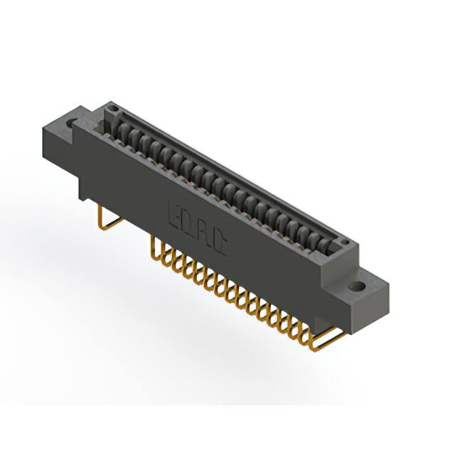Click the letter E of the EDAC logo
[x=174, y=213]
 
